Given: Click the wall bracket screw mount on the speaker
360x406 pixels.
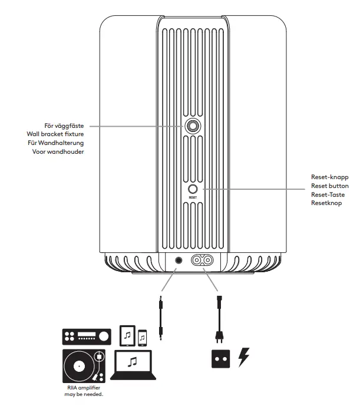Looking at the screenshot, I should tap(192, 126).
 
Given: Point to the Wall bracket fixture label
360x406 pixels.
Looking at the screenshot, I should tap(60, 134).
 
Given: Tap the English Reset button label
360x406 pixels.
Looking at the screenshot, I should tap(329, 186).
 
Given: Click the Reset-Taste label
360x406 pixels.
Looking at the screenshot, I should tap(328, 194).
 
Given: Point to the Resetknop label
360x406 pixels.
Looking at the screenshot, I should tap(326, 203).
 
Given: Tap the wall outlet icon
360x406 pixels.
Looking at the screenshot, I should tap(220, 359).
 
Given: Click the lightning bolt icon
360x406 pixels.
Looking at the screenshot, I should tap(243, 358).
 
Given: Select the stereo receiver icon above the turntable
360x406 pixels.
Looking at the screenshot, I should tap(86, 336).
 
